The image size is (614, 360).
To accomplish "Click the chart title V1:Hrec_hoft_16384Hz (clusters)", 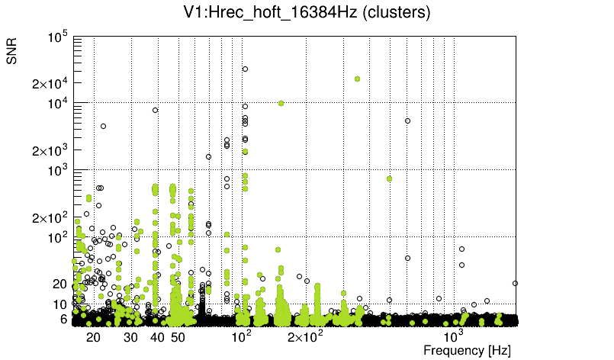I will click(306, 13).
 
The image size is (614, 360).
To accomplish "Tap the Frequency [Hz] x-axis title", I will click(467, 350).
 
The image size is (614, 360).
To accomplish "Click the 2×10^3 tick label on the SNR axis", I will click(50, 150).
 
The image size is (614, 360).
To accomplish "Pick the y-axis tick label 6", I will click(64, 320).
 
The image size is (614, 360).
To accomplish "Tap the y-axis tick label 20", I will click(60, 284).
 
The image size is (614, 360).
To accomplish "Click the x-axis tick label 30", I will click(130, 337).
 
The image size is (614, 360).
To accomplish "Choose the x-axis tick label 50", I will click(178, 337).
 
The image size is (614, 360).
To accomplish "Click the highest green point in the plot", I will click(357, 79).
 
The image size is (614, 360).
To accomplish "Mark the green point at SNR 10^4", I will click(281, 103).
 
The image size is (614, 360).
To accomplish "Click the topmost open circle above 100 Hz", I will click(245, 69).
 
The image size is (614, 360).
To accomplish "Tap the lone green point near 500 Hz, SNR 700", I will click(389, 178).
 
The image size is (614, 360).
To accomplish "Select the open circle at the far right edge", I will click(515, 283).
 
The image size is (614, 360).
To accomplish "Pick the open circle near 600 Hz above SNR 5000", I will click(407, 121).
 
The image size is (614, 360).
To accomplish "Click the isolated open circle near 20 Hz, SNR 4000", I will click(103, 126).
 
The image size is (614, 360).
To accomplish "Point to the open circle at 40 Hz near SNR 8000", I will click(156, 110).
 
